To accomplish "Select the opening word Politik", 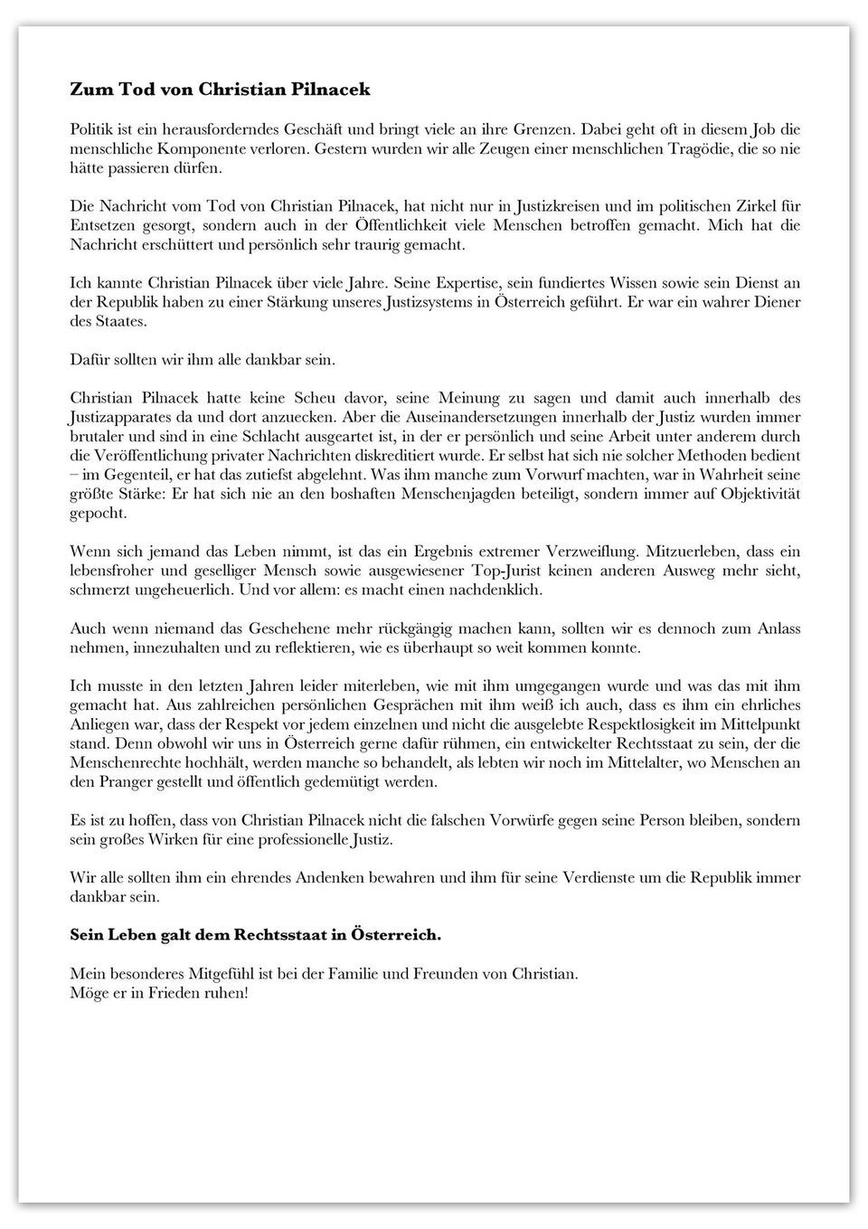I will click(93, 129).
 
